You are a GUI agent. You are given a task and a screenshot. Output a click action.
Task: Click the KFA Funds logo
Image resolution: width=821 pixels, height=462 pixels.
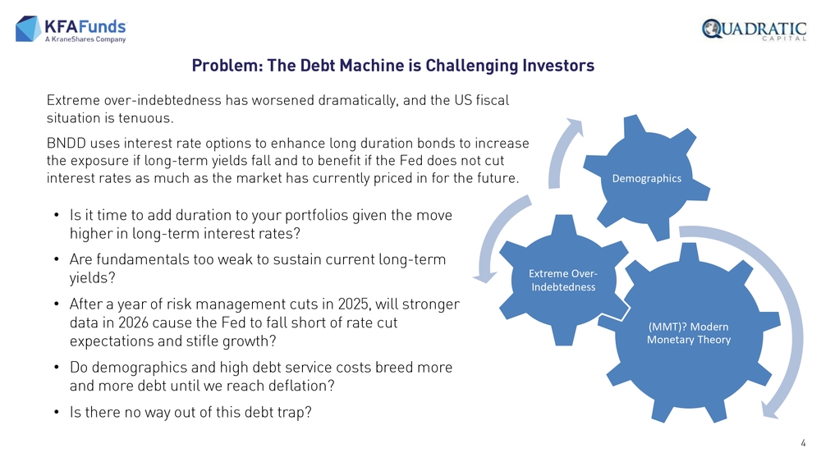[71, 29]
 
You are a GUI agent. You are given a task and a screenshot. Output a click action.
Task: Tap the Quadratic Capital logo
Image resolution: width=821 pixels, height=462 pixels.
[754, 30]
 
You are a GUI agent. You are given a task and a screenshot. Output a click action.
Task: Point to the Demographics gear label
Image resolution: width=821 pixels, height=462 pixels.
[647, 178]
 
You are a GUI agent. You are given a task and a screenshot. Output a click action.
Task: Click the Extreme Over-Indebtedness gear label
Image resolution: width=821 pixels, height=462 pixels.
[563, 280]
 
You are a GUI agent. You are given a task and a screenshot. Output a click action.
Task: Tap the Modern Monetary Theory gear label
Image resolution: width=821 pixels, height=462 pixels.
[689, 333]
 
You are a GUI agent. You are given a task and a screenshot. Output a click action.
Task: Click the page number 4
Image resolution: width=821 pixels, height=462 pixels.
[803, 443]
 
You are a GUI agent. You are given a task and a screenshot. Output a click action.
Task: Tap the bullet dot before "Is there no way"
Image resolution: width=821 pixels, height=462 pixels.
[57, 413]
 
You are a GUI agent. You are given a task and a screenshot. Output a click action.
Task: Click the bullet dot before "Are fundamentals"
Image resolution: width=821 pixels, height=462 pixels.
[57, 260]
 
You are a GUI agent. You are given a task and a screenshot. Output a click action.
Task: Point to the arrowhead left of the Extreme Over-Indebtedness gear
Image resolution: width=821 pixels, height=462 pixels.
[485, 277]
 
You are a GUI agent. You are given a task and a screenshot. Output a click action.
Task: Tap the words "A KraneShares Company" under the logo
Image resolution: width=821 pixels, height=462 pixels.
[85, 39]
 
